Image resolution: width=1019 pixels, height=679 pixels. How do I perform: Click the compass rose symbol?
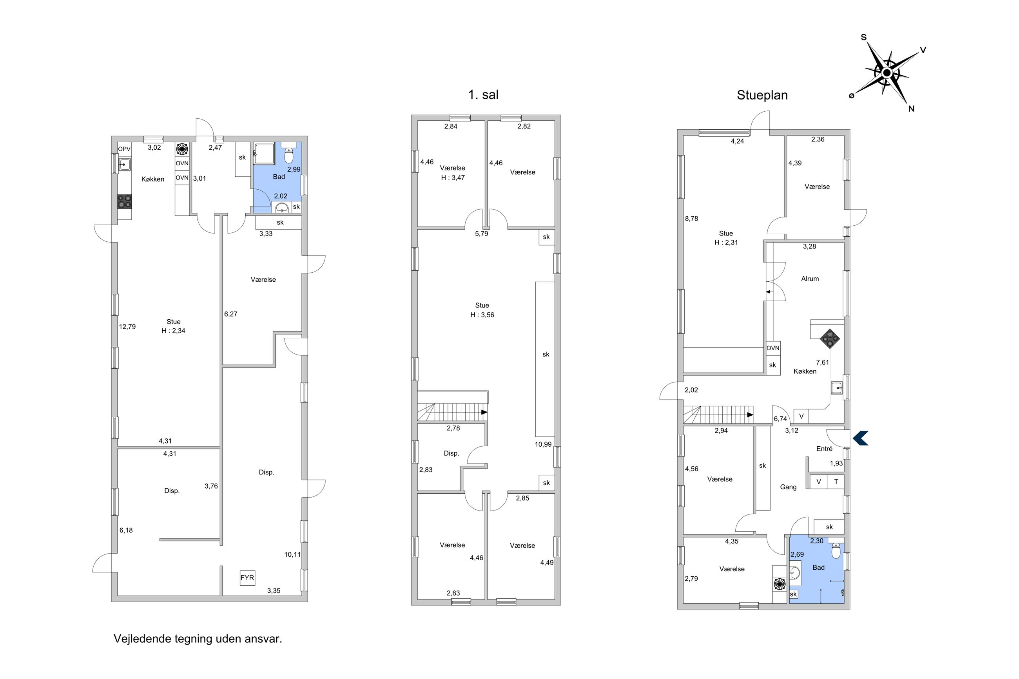(887, 73)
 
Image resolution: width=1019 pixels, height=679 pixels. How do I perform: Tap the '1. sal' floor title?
(483, 94)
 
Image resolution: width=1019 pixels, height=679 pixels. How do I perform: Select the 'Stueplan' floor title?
(762, 95)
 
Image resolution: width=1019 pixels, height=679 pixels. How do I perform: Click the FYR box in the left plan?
(247, 578)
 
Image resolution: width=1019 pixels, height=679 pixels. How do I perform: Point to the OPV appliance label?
(124, 149)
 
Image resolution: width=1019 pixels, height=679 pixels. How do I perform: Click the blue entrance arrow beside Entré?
(861, 438)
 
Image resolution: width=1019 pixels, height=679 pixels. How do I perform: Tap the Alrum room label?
(810, 279)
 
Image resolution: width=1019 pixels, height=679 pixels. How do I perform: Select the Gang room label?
(788, 487)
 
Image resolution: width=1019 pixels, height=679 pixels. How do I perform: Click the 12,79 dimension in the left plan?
(127, 326)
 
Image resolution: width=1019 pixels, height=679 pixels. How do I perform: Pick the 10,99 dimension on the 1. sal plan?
(543, 444)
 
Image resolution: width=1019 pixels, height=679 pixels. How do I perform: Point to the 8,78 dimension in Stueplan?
(691, 219)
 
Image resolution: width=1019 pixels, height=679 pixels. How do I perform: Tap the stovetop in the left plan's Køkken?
(125, 202)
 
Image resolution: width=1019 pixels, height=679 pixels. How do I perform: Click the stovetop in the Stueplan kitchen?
(830, 339)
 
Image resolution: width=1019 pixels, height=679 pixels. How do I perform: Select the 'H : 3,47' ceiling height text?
(453, 177)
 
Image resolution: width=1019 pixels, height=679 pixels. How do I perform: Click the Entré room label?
(824, 449)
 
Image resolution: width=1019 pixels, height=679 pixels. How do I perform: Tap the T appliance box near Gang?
(836, 482)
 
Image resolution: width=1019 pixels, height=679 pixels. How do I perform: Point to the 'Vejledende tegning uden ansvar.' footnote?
(198, 639)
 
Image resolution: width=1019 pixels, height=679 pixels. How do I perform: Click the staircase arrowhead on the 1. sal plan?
(484, 412)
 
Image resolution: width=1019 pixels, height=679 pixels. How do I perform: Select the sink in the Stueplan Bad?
(795, 573)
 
